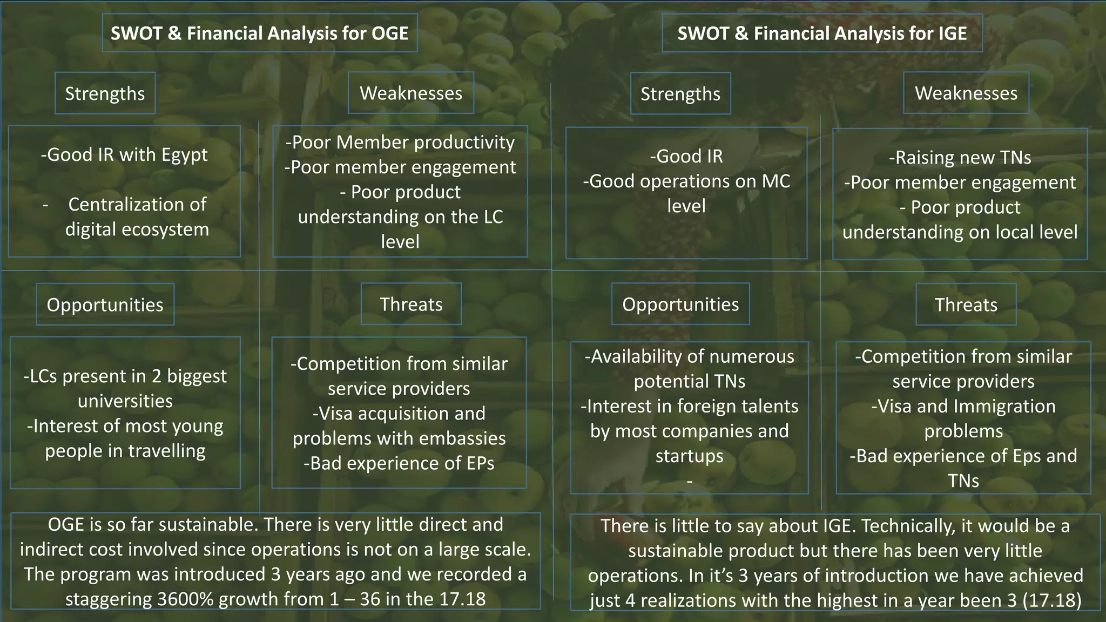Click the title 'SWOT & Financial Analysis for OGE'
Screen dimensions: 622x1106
(259, 33)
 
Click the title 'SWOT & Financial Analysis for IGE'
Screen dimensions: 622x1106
(822, 33)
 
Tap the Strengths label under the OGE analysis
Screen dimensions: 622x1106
(105, 93)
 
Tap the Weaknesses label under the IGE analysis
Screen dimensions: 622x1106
(966, 93)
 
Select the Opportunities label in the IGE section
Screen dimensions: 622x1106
(680, 305)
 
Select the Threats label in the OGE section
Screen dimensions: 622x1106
(411, 305)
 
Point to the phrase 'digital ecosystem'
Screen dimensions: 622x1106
(137, 229)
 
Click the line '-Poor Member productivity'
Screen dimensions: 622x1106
(400, 143)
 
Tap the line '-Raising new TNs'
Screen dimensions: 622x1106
(960, 158)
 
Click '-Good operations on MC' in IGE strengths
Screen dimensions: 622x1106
(686, 181)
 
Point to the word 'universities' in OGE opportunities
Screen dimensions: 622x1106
(125, 401)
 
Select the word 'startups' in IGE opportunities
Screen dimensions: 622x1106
(689, 456)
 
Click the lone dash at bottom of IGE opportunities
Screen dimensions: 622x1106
(689, 480)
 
